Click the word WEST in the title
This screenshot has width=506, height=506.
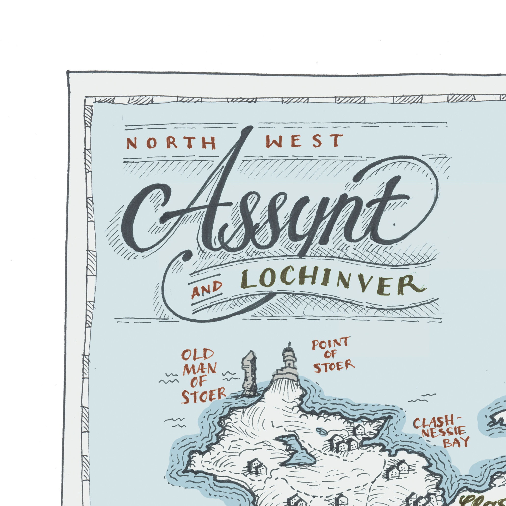coord(304,142)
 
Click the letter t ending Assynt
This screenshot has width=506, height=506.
coord(388,210)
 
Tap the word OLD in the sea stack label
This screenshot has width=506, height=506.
coord(194,356)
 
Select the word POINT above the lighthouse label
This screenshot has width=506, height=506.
coord(330,343)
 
